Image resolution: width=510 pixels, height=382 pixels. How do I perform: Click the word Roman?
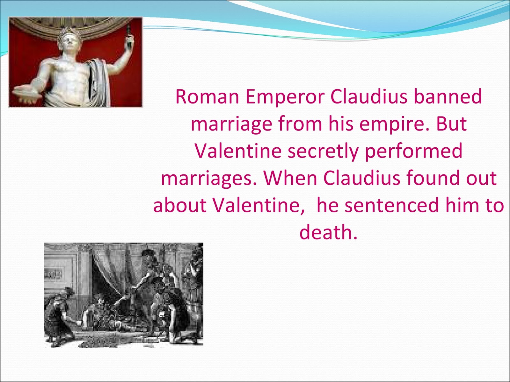(207, 97)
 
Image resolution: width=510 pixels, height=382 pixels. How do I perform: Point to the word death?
(328, 232)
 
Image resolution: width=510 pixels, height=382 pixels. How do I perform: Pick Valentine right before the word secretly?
(238, 151)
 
